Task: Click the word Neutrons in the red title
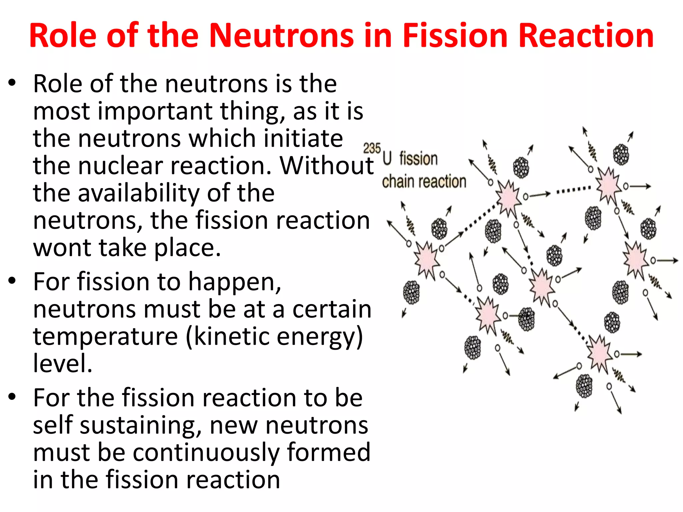(281, 35)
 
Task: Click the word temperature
(105, 336)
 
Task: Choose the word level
(62, 363)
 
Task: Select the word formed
(328, 452)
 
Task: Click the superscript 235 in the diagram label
(372, 148)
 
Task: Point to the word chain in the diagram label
(399, 182)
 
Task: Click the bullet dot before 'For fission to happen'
(12, 281)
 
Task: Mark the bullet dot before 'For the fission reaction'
(12, 397)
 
